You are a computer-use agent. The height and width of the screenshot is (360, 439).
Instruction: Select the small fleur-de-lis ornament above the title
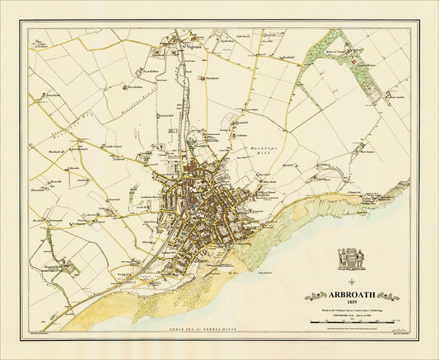(351, 282)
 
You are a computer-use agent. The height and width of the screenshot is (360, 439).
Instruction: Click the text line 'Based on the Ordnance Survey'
(351, 310)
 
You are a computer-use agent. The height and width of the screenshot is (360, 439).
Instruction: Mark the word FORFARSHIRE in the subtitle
(337, 315)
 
